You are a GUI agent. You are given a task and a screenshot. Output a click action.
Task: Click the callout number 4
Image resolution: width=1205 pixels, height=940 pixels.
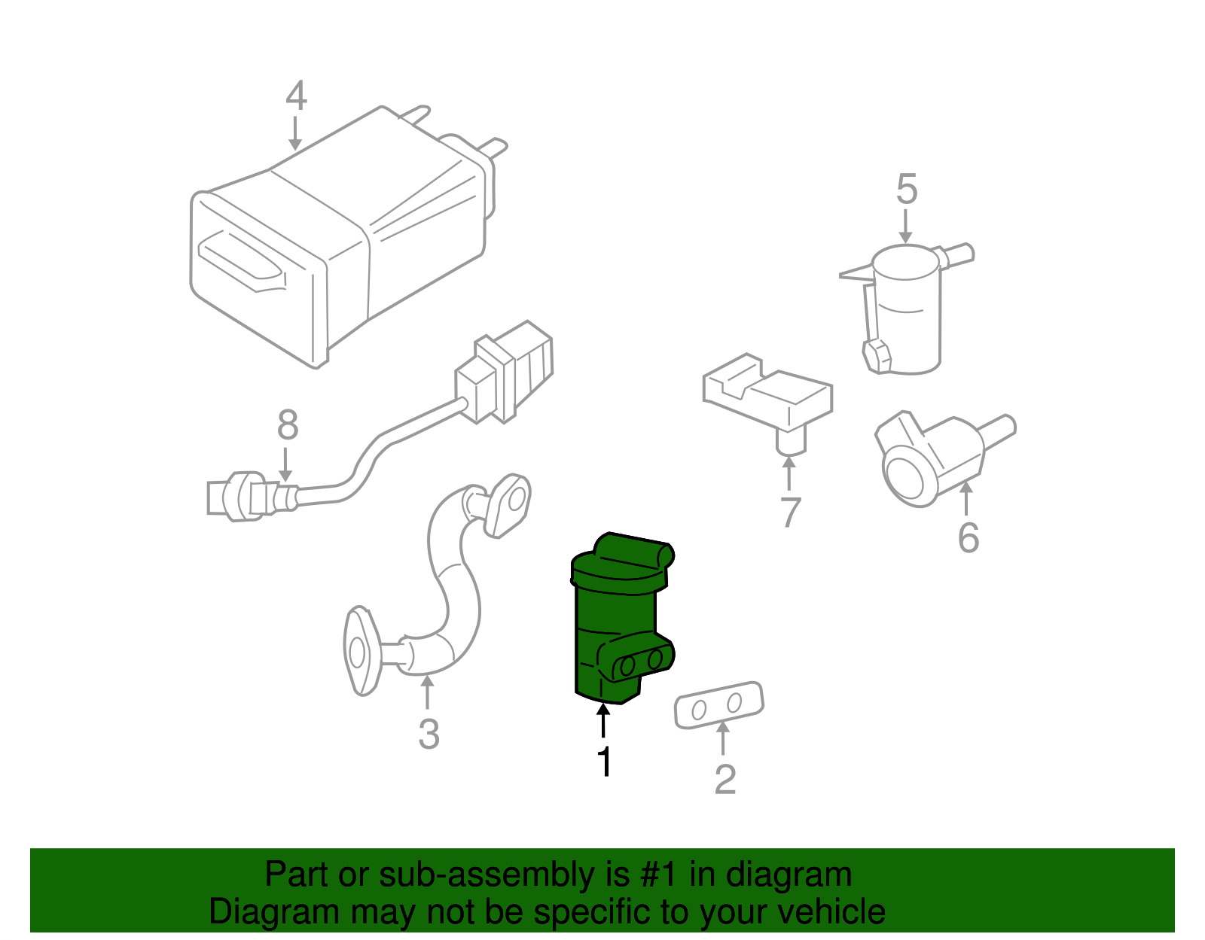pos(296,96)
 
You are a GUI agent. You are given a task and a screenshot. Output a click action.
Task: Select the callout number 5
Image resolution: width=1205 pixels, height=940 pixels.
pos(906,190)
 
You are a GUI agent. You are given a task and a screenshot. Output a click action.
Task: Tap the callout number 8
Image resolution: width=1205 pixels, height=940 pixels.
pos(287,425)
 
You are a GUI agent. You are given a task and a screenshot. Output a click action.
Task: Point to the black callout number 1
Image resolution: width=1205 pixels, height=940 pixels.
pos(604,761)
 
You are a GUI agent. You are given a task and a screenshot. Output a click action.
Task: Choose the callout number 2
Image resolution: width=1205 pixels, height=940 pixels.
pos(724,779)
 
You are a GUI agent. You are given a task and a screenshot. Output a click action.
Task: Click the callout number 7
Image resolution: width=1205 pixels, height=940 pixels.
pos(789,513)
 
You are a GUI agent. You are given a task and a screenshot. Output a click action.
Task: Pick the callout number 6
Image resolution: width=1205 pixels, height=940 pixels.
pos(968,537)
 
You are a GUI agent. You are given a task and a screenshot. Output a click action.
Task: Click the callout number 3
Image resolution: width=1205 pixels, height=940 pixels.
pos(429,734)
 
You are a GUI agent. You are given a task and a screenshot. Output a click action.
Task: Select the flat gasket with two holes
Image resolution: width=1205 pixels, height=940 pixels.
pos(718,704)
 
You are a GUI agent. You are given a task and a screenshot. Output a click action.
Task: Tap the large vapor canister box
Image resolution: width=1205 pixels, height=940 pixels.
pos(331,241)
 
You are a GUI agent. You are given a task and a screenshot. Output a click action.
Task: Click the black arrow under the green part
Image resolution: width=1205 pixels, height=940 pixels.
pos(603,718)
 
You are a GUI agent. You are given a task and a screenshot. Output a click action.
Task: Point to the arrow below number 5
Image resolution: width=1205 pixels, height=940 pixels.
pos(906,227)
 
